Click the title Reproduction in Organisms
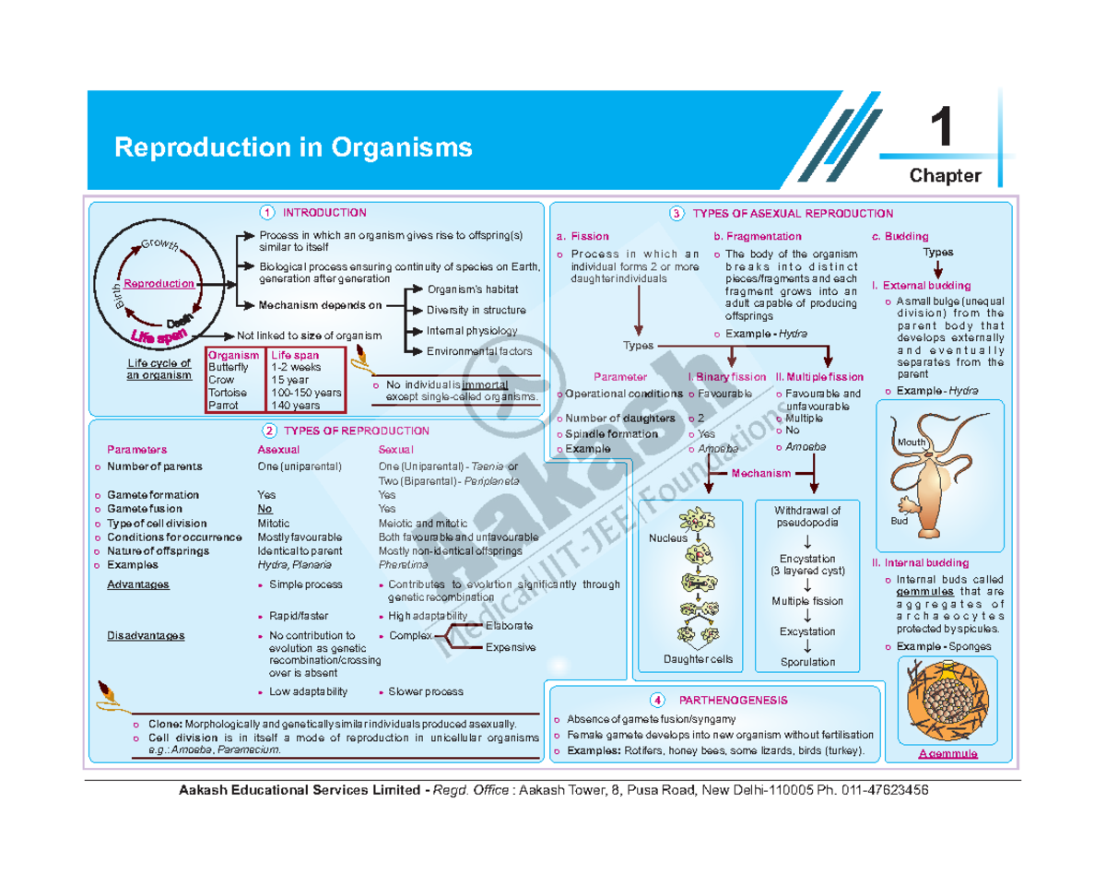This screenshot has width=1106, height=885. [293, 147]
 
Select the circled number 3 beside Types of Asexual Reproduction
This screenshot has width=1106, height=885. [677, 214]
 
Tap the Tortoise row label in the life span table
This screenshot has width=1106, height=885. [226, 392]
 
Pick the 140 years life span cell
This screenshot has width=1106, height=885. [295, 405]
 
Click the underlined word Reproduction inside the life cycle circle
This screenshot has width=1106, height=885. [159, 284]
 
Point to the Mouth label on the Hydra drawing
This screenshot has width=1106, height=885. [912, 443]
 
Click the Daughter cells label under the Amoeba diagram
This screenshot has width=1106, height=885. [698, 659]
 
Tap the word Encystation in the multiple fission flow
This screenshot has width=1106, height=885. [806, 559]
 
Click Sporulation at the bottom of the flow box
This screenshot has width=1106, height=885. [807, 662]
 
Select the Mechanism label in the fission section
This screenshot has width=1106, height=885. [761, 473]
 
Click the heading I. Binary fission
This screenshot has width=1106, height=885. [726, 377]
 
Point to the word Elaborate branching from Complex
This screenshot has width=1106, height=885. [508, 625]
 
